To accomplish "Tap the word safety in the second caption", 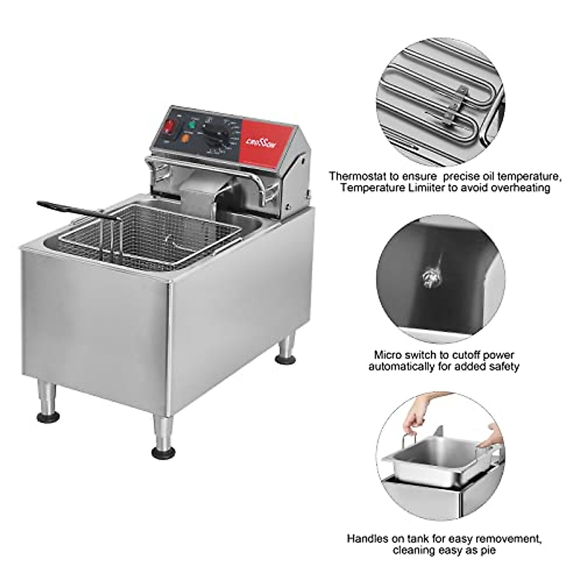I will coord(504,367).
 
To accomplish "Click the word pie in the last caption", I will coord(486,550).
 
